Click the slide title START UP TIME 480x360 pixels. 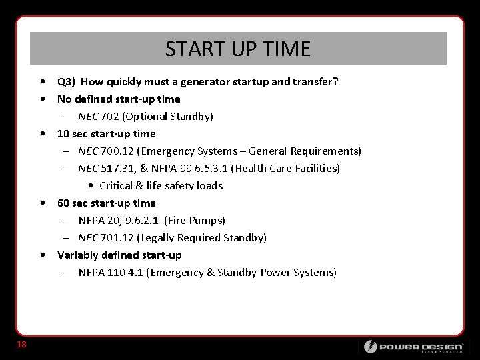(238, 49)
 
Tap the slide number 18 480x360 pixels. (21, 344)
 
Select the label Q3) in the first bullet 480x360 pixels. (66, 82)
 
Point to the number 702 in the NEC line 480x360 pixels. (111, 117)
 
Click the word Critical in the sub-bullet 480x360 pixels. (117, 186)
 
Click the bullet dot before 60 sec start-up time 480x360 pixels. (43, 203)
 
